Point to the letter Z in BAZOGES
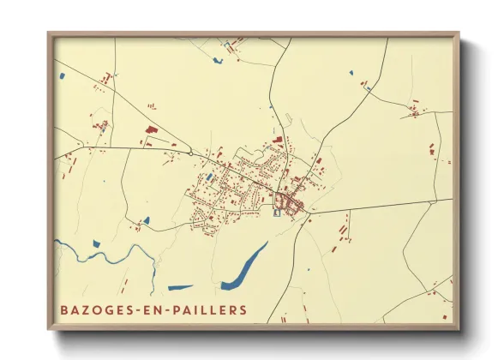[82, 309]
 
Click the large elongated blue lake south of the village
[243, 267]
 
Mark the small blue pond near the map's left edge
[63, 77]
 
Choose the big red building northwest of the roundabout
[151, 129]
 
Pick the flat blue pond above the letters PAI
[181, 287]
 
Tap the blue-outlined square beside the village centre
[276, 213]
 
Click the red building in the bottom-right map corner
[444, 315]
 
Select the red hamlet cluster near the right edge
[416, 110]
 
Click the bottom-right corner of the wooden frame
[458, 328]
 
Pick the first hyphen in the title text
[138, 309]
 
